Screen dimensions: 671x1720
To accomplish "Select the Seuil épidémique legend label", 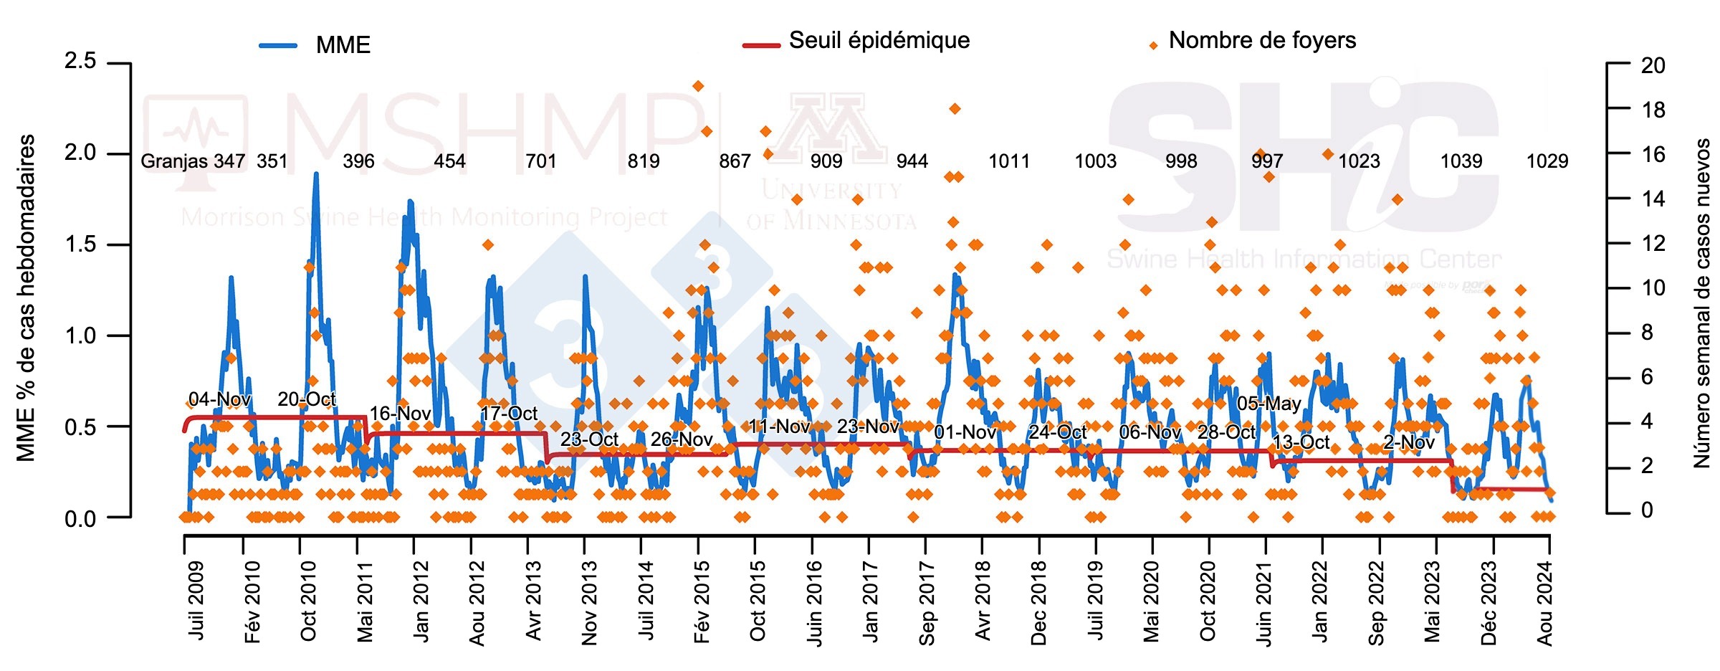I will [879, 40].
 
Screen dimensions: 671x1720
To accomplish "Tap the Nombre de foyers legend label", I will [1262, 40].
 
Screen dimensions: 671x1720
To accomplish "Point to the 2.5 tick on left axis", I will [80, 61].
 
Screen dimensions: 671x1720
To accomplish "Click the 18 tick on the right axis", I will [1653, 110].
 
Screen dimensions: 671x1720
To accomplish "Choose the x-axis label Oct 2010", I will [308, 601].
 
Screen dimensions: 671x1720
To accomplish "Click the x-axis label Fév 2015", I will [702, 602].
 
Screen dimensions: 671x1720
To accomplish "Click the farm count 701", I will [541, 161].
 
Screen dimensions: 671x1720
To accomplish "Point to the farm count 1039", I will [1461, 161].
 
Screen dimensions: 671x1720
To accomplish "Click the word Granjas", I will [175, 161].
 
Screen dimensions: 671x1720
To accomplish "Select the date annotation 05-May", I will [1268, 404].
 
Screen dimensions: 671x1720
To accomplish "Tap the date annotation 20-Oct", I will [306, 399].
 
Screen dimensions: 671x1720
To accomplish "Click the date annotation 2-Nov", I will [1409, 442].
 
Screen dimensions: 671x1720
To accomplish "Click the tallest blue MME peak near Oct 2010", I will [315, 174].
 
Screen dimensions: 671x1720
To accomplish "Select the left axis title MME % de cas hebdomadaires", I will [26, 298].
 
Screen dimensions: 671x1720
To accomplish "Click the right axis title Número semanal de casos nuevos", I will [1701, 303].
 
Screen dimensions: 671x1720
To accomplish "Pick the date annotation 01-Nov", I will [965, 432].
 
